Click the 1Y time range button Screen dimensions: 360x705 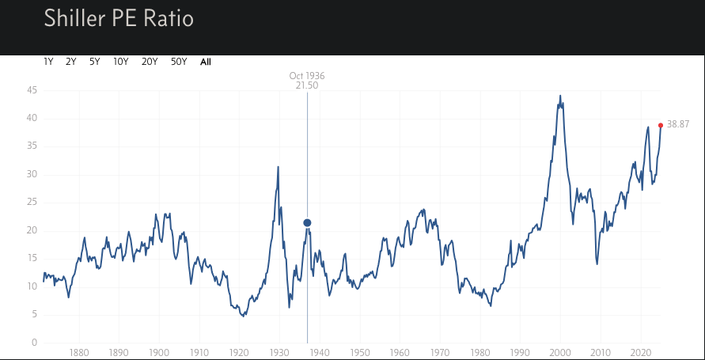pos(48,62)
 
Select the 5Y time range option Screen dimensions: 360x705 pos(94,62)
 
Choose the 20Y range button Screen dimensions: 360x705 pos(149,62)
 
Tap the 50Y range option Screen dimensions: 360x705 pos(179,62)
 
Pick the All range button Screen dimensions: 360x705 pos(206,62)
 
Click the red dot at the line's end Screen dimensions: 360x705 pos(661,125)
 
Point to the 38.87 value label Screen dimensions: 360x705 pos(679,125)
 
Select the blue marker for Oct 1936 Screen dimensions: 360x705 pos(307,223)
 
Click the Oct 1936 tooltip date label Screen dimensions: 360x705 pos(307,76)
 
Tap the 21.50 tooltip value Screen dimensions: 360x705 pos(307,85)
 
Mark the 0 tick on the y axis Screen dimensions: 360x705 pos(34,343)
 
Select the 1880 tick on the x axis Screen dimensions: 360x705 pos(78,353)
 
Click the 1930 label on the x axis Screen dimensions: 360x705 pos(279,353)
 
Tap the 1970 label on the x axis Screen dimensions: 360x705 pos(440,353)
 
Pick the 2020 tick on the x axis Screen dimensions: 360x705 pos(641,353)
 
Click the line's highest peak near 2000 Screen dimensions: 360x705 pos(560,97)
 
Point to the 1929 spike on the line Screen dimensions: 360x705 pos(278,167)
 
